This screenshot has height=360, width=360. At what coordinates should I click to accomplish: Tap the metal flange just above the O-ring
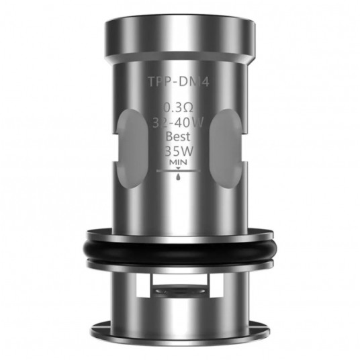point(180,226)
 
